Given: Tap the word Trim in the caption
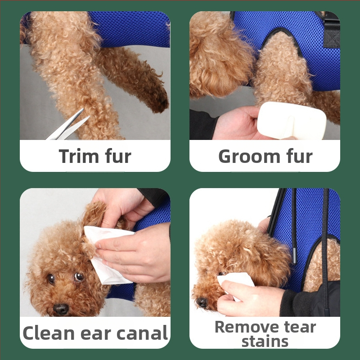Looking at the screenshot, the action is click(x=79, y=156).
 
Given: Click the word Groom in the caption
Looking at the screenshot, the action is click(x=249, y=157).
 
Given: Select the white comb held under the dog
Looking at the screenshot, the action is click(x=292, y=121).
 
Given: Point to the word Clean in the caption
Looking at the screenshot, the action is click(x=49, y=333).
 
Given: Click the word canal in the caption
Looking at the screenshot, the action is click(x=142, y=333).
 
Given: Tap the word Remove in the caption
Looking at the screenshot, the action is click(x=247, y=327).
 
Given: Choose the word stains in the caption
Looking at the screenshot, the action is click(x=265, y=342).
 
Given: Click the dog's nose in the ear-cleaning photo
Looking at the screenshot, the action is click(x=61, y=309).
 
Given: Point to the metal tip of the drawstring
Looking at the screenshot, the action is click(x=294, y=256).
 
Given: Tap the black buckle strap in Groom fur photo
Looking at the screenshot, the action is click(x=331, y=31).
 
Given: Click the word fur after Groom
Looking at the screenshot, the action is click(x=299, y=156).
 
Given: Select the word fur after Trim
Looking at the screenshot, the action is click(x=118, y=156).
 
